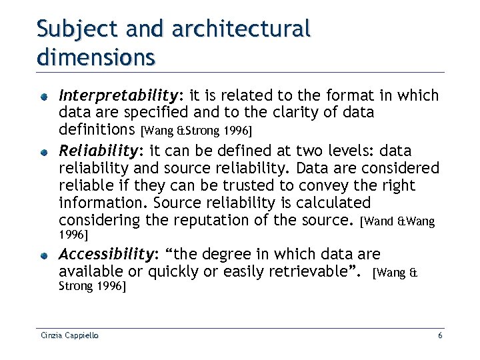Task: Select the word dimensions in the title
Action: pyautogui.click(x=96, y=56)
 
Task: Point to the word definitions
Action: pyautogui.click(x=96, y=129)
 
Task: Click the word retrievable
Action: pyautogui.click(x=314, y=271)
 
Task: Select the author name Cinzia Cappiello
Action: pyautogui.click(x=68, y=335)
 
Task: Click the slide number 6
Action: pyautogui.click(x=440, y=335)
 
